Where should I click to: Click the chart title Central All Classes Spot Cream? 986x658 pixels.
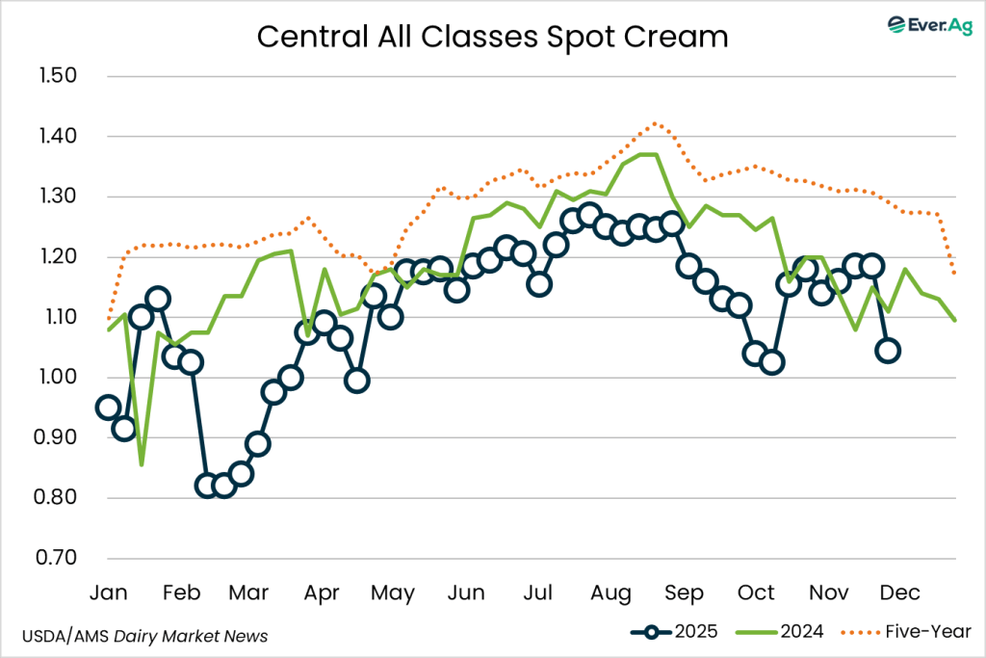tap(492, 37)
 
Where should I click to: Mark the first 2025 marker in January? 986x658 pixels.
tap(109, 408)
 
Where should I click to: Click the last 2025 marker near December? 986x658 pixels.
tap(889, 351)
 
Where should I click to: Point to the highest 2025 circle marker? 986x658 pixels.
tap(589, 214)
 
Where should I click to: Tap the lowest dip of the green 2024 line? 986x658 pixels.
tap(142, 464)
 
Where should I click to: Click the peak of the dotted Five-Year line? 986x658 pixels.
tap(655, 123)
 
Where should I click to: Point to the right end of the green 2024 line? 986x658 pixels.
tap(955, 320)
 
